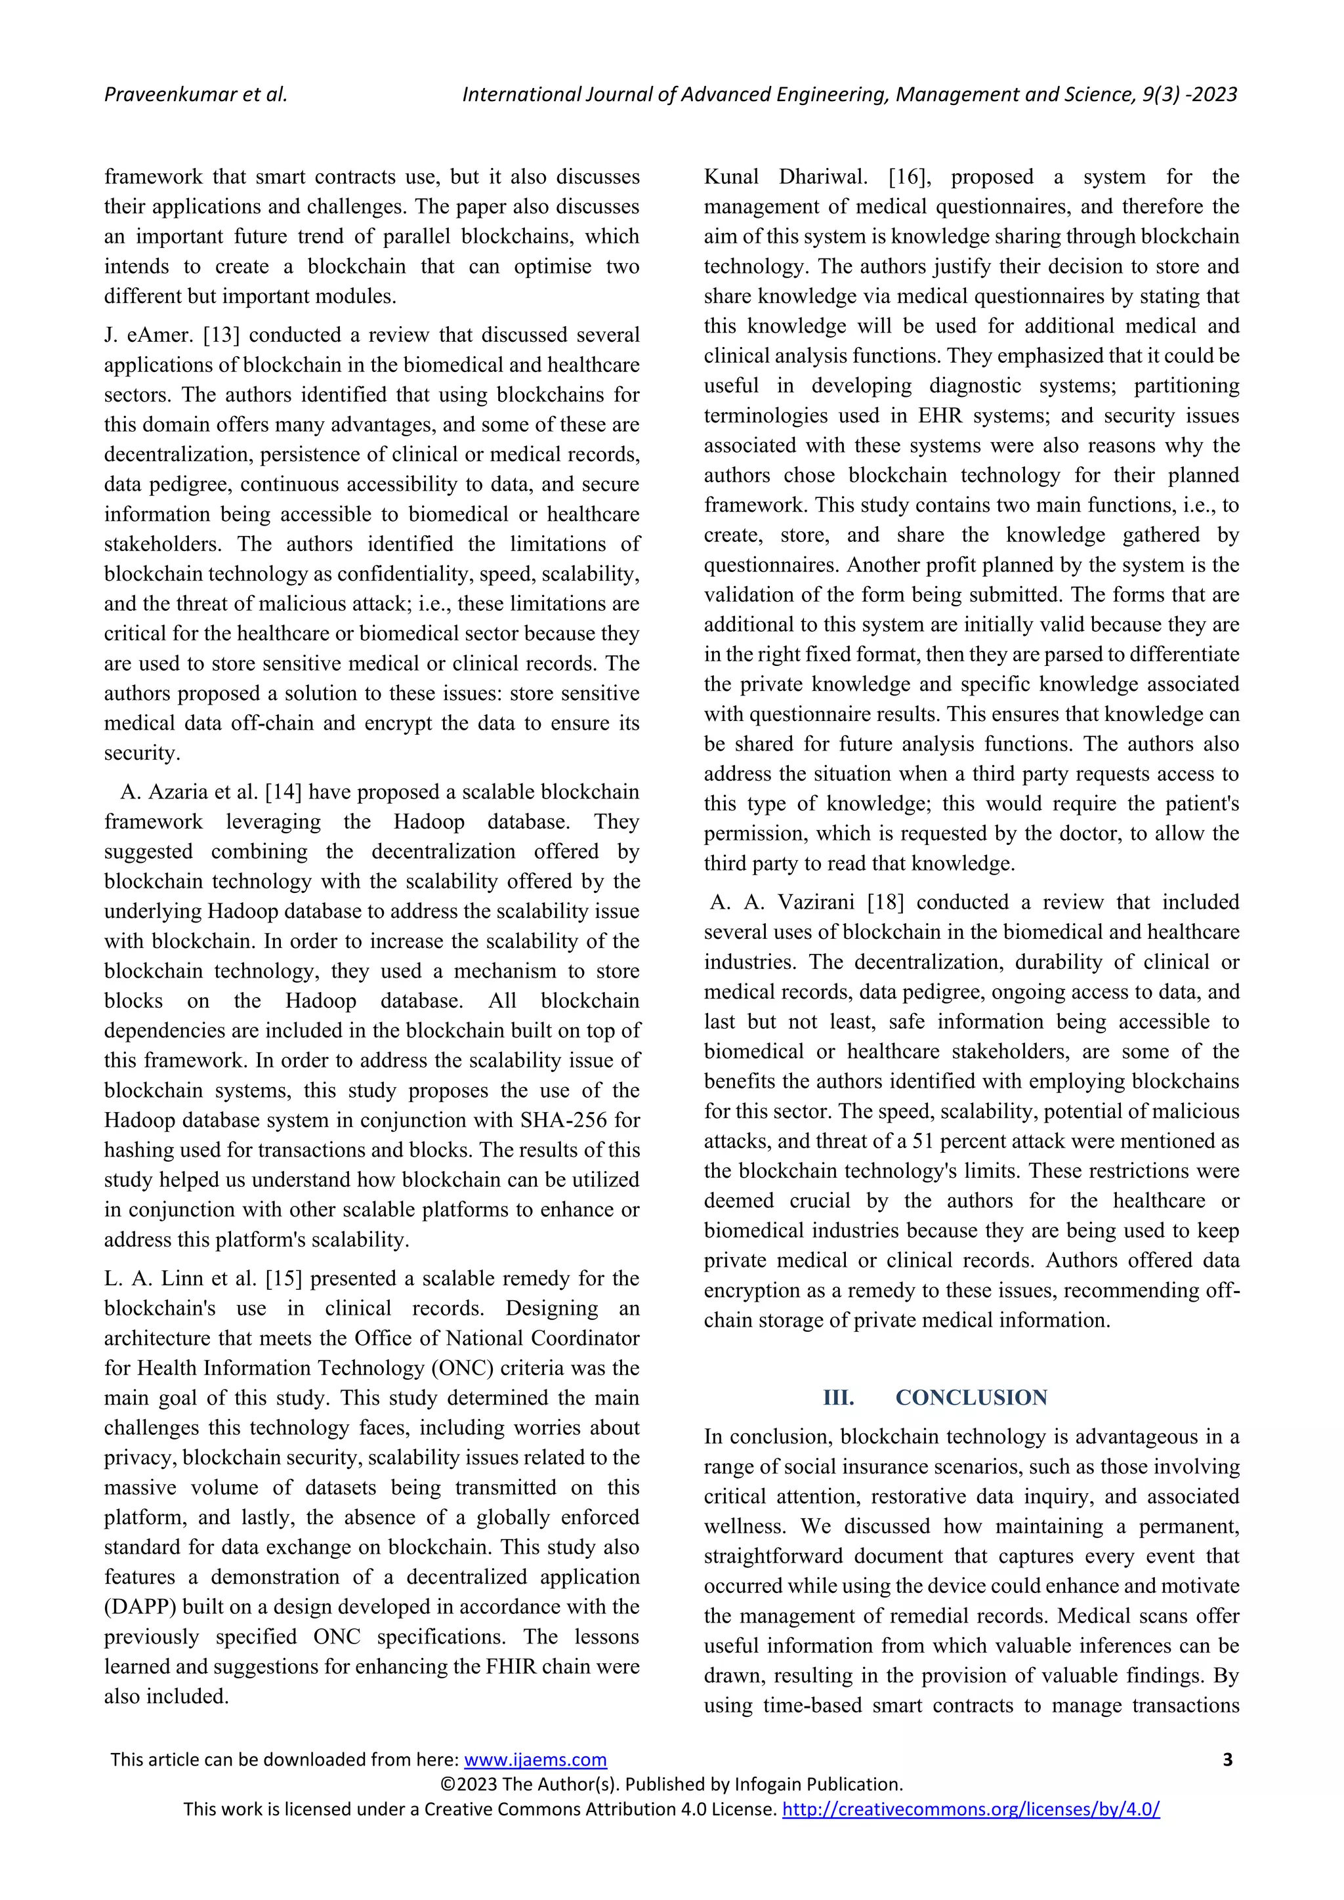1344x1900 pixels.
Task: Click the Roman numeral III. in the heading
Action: point(838,1397)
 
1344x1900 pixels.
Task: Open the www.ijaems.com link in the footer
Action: point(535,1760)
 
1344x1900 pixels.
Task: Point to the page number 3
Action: point(1227,1760)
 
